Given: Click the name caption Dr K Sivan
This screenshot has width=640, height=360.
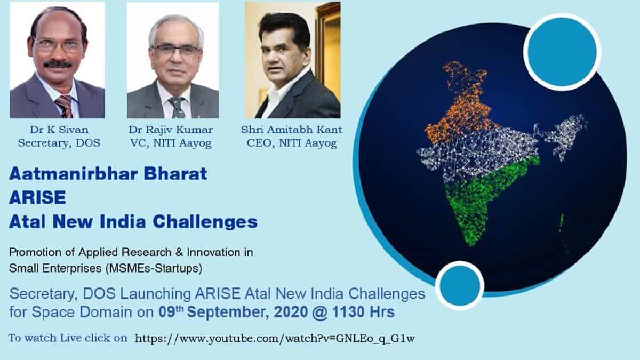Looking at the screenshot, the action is pyautogui.click(x=59, y=130).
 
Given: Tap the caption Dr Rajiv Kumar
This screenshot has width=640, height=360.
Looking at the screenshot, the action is pyautogui.click(x=171, y=130).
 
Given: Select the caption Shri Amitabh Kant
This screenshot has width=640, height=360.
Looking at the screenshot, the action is pyautogui.click(x=291, y=130).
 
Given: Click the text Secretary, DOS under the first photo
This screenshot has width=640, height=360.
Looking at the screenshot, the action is pyautogui.click(x=59, y=143).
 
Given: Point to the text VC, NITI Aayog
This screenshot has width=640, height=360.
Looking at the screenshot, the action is pyautogui.click(x=171, y=143).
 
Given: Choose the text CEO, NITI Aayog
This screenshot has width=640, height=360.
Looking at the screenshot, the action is pyautogui.click(x=292, y=143).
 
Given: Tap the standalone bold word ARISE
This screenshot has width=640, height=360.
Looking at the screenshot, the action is pyautogui.click(x=37, y=197).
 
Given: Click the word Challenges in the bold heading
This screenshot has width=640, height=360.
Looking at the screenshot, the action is pyautogui.click(x=205, y=222).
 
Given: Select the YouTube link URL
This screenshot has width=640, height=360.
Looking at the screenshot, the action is pyautogui.click(x=275, y=339).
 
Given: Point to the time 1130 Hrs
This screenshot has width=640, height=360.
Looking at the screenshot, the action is pyautogui.click(x=363, y=312).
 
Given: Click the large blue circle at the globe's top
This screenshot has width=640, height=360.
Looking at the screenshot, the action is pyautogui.click(x=562, y=52).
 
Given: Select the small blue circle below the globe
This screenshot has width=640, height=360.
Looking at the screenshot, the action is pyautogui.click(x=460, y=286).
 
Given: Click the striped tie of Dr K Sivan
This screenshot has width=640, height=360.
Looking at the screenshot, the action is pyautogui.click(x=66, y=106).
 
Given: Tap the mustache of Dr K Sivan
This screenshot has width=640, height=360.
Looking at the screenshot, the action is pyautogui.click(x=58, y=65).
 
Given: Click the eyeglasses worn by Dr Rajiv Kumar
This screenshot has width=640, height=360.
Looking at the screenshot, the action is pyautogui.click(x=175, y=51).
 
